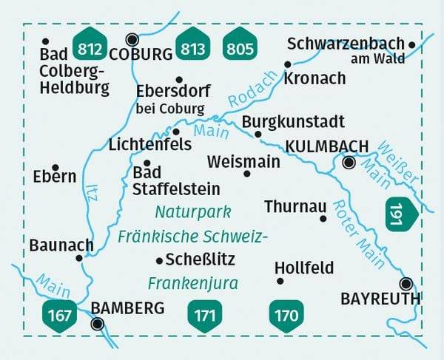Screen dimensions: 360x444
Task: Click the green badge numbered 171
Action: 204,315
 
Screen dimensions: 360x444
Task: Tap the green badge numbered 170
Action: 286,315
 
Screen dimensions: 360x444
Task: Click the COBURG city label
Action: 141,54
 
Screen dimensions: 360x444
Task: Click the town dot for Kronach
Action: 288,64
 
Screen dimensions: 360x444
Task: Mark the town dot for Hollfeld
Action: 280,281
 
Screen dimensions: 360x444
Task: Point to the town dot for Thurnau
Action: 323,218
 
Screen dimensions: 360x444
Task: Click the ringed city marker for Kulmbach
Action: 349,163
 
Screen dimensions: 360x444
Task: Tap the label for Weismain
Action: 243,160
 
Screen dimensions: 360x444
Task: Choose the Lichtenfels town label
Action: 150,144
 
